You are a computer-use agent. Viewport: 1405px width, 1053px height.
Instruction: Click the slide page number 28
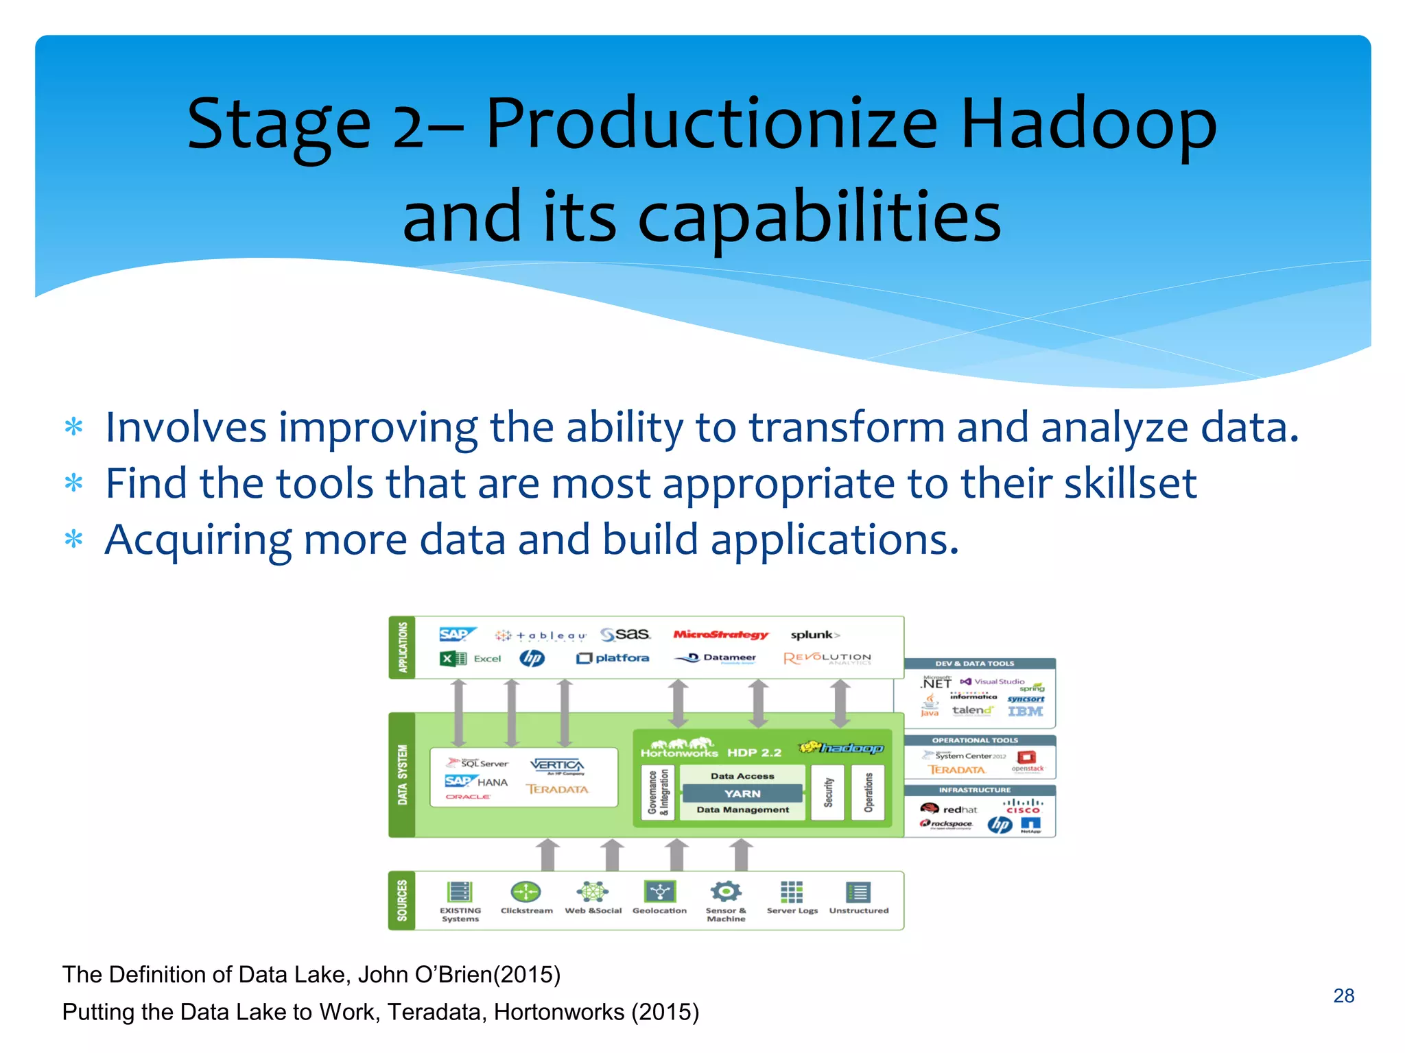pos(1343,995)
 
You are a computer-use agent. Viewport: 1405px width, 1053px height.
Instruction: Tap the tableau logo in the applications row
pos(542,636)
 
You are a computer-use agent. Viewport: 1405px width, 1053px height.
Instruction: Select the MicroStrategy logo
pos(720,635)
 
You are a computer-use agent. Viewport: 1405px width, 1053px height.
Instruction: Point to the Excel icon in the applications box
pos(453,659)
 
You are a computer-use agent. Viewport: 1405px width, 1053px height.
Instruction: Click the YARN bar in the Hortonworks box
pos(742,793)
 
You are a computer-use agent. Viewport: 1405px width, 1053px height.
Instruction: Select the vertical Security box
pos(828,792)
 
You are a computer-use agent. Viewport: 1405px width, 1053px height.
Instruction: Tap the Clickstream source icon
pos(526,892)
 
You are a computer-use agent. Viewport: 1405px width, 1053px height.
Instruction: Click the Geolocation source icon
pos(660,892)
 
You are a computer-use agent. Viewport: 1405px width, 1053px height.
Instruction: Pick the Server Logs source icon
pos(792,892)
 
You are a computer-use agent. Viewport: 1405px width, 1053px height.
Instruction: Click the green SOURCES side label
pos(402,900)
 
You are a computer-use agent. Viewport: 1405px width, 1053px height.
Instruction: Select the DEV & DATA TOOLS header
pos(974,664)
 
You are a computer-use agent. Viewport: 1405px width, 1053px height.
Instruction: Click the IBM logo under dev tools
pos(1025,712)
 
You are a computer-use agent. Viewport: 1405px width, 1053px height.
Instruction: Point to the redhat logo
pos(949,809)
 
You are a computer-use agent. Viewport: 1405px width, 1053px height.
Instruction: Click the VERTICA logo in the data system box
pos(557,765)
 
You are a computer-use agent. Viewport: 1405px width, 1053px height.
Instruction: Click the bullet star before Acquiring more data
pos(73,540)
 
